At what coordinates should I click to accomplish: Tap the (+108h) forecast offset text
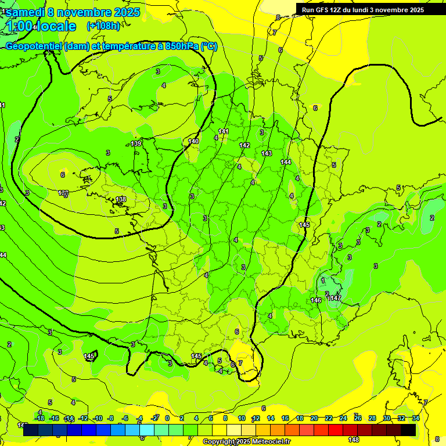tap(104, 26)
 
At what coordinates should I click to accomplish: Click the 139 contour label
tap(136, 143)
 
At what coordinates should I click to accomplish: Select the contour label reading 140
tap(193, 141)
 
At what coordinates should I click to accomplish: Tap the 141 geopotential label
tap(224, 132)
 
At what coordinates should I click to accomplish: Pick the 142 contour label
tap(244, 145)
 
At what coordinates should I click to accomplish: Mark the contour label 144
tap(286, 162)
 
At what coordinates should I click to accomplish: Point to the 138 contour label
tap(121, 199)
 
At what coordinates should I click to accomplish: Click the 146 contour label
tap(316, 300)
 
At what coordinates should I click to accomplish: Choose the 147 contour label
tap(336, 298)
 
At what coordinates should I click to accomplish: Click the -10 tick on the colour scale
tap(98, 418)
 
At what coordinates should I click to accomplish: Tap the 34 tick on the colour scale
tap(415, 418)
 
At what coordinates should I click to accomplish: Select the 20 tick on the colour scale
tap(314, 418)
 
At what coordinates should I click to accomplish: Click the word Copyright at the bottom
tap(219, 442)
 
